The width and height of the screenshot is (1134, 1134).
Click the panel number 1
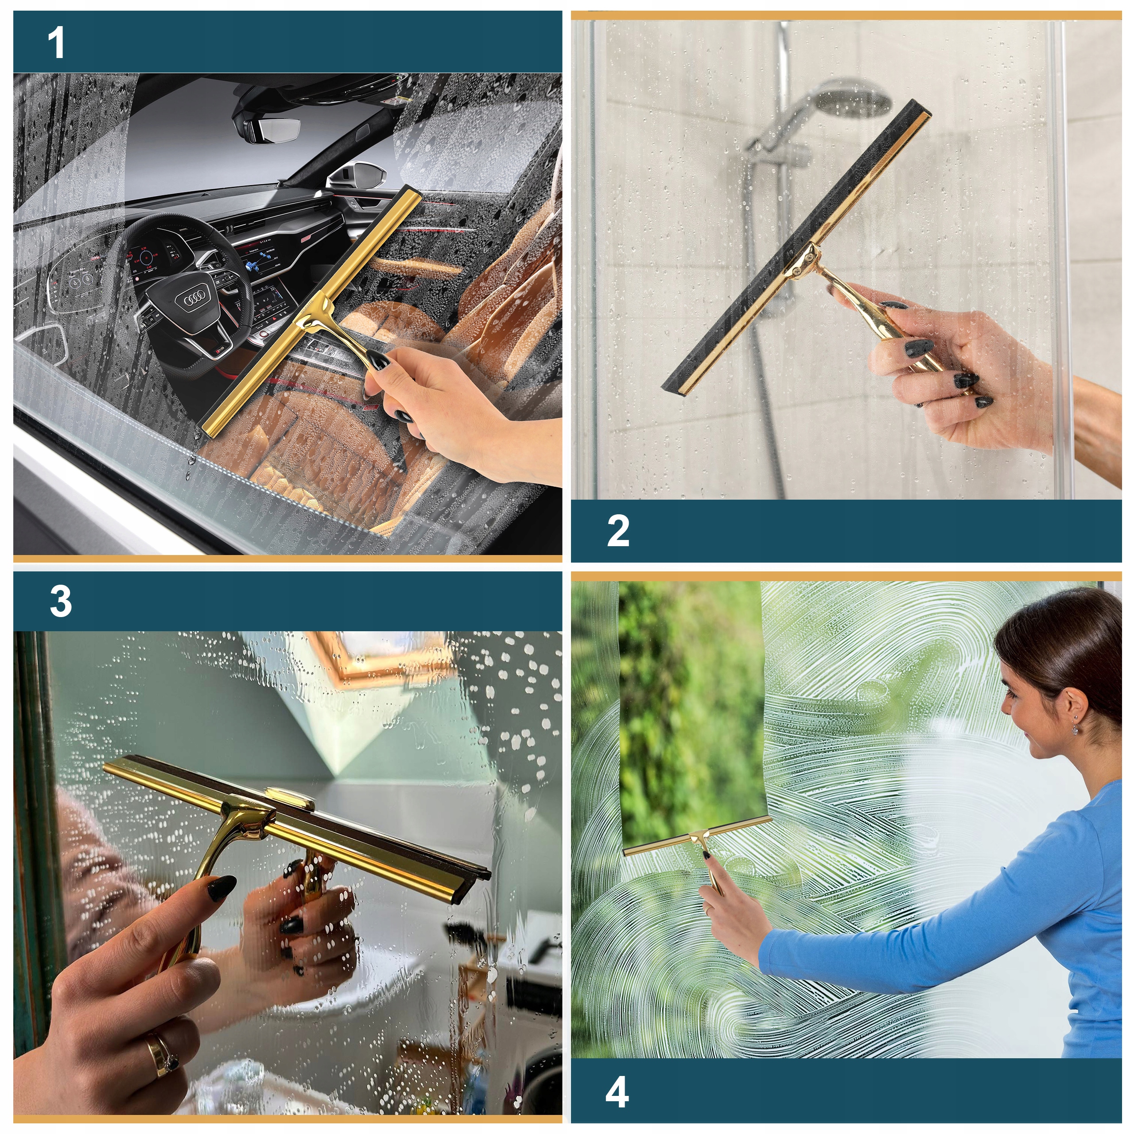tap(56, 43)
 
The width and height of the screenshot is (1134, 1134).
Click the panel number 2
tap(618, 531)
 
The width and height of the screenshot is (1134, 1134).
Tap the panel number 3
tap(61, 601)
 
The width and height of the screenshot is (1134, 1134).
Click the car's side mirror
tap(353, 176)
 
